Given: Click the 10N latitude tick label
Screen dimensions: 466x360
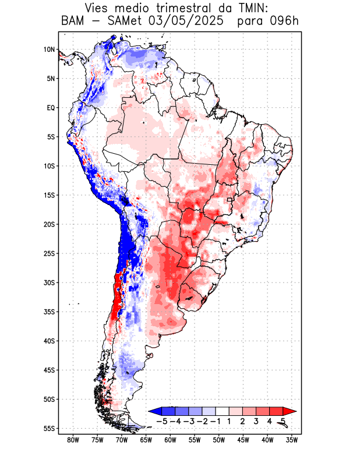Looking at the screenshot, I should tap(49, 50).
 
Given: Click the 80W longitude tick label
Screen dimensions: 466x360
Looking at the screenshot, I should tap(73, 440).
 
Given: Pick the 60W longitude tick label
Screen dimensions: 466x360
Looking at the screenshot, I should tap(170, 440).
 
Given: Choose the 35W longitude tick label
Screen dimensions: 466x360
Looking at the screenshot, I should tap(291, 440).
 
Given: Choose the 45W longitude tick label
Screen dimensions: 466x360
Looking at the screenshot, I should tap(243, 440).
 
